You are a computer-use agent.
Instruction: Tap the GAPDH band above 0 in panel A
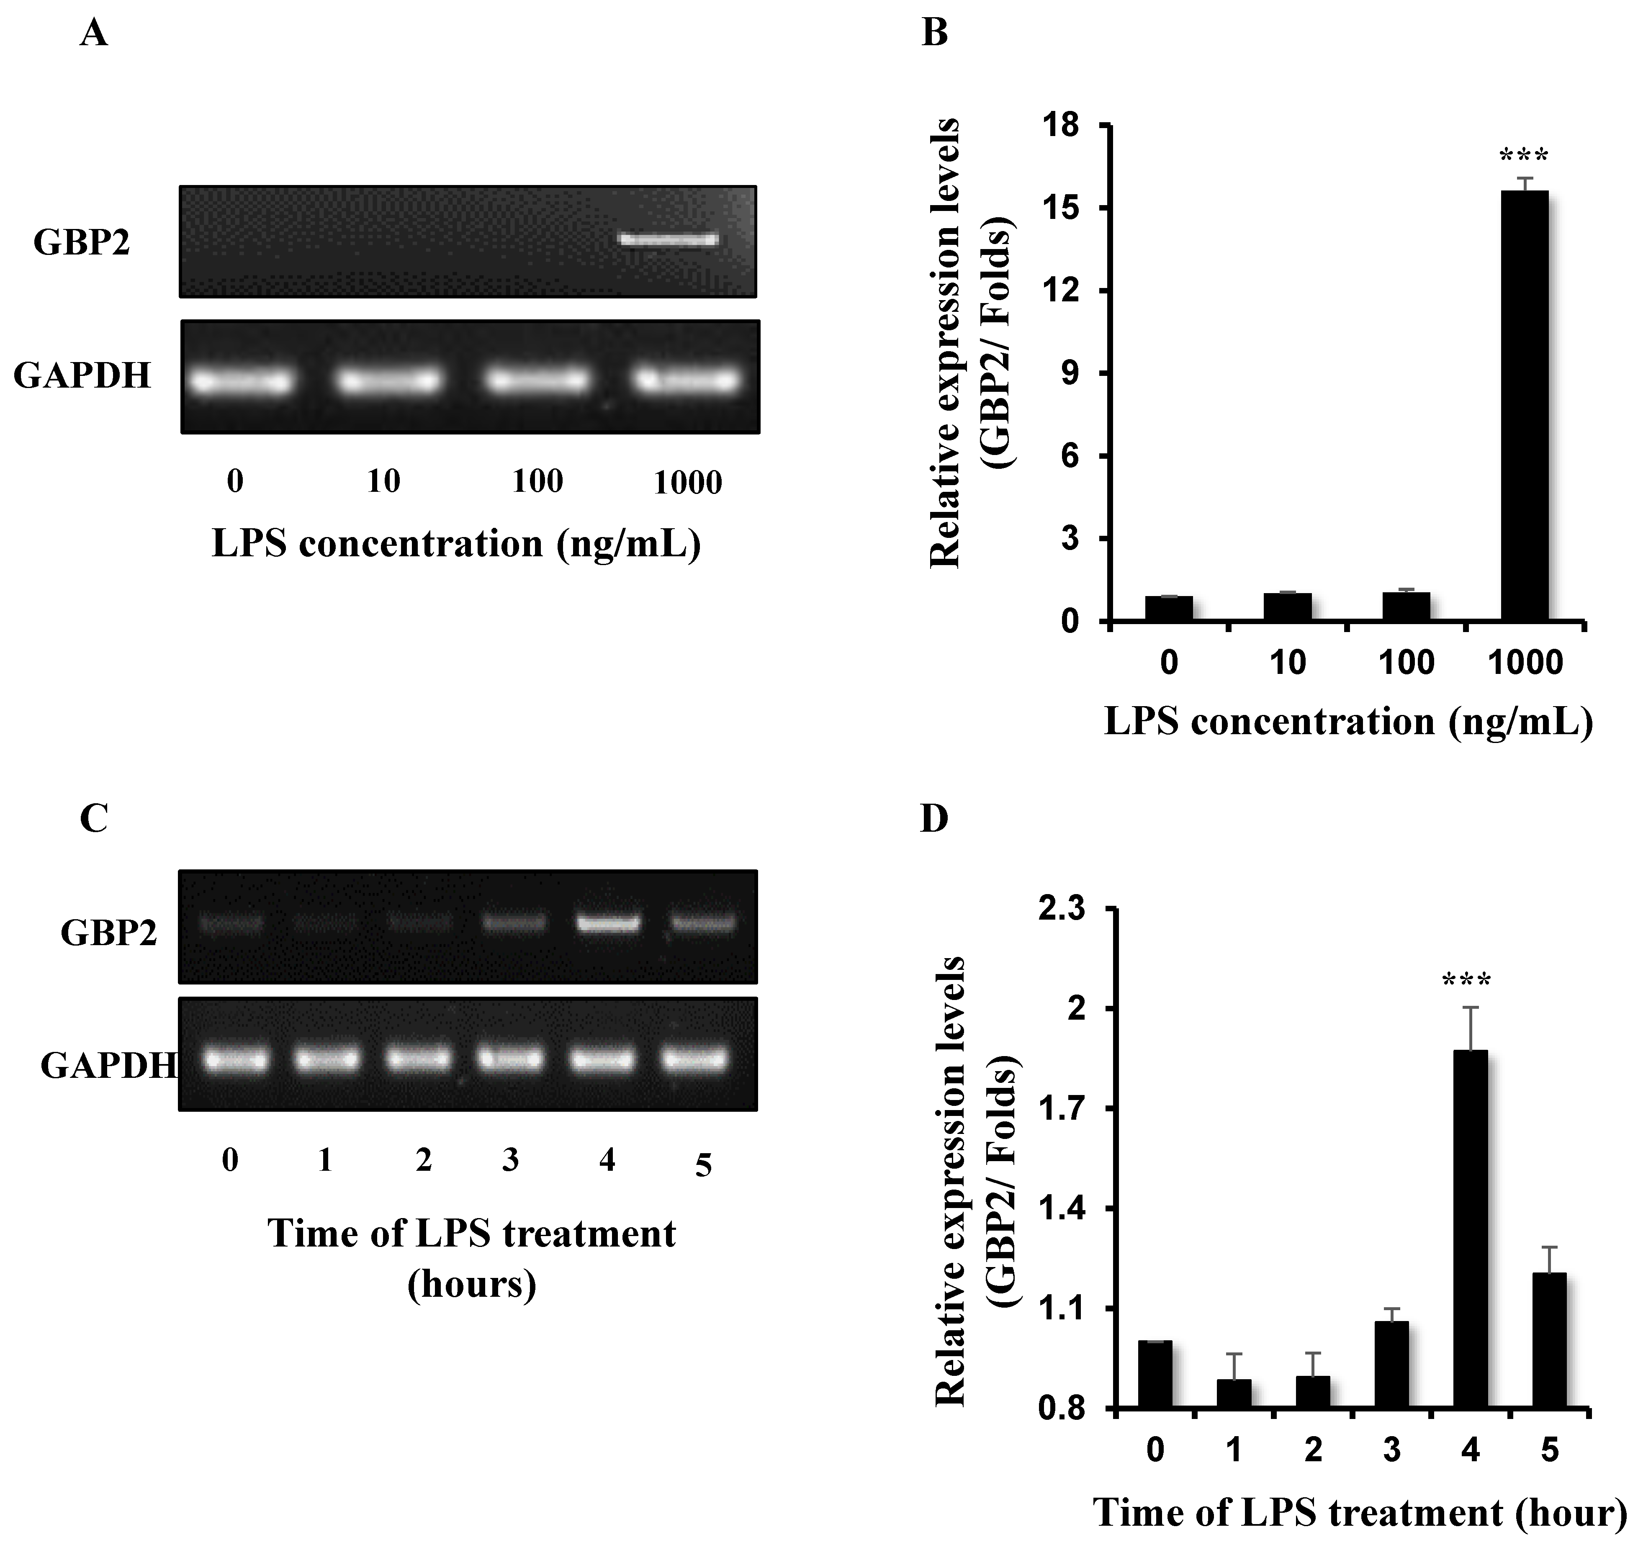point(241,382)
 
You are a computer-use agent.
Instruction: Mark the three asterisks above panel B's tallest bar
point(1523,155)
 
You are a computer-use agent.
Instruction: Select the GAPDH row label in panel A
point(82,375)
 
